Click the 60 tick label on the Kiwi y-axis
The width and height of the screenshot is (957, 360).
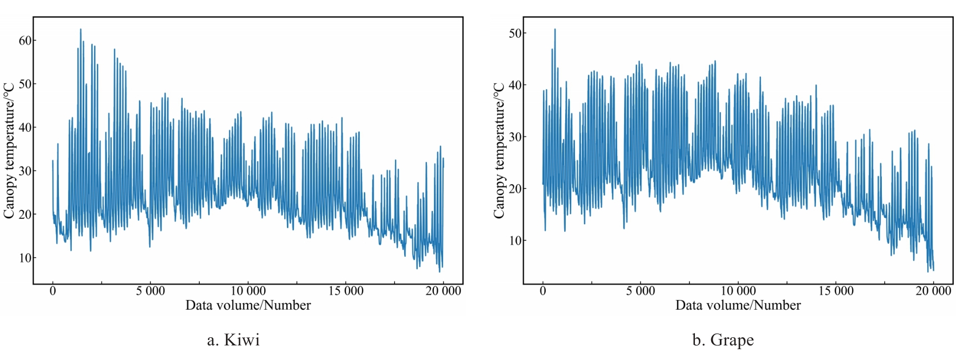point(25,41)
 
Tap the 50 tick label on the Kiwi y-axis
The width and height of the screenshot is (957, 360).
point(25,84)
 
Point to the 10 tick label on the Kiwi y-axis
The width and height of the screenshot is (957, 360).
point(25,258)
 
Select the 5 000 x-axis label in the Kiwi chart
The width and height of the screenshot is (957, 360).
point(150,291)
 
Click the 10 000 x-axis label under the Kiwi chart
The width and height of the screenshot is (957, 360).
point(248,291)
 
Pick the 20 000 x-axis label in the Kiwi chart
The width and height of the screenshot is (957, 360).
point(443,291)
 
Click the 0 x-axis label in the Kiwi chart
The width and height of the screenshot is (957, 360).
point(52,291)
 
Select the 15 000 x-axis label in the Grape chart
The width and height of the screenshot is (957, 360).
point(836,291)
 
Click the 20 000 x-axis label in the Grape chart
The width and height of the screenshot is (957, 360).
point(933,291)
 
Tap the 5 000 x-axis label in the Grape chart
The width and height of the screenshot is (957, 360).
point(640,291)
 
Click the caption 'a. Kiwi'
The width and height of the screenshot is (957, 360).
point(233,340)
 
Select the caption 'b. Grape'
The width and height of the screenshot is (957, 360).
point(723,340)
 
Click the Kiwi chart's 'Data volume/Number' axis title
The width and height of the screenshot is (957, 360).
point(248,305)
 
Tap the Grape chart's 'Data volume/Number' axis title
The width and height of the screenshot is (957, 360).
point(738,305)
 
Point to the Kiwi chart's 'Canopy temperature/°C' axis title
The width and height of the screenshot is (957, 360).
point(9,151)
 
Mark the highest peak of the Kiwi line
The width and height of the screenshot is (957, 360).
point(81,30)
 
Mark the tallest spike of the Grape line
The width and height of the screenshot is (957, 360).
point(554,30)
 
